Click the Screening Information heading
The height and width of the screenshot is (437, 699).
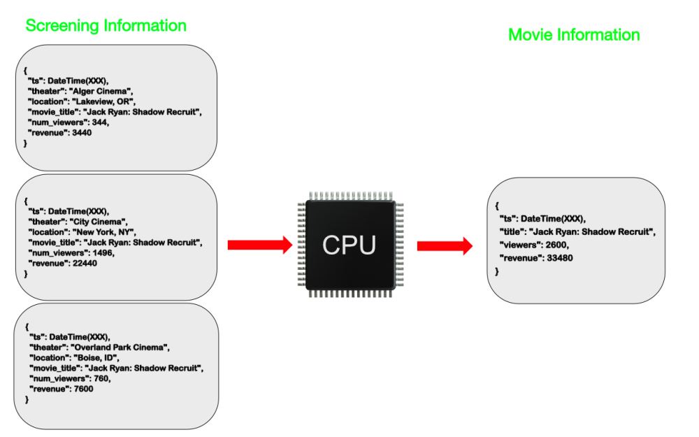(106, 26)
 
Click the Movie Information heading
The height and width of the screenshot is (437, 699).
(573, 34)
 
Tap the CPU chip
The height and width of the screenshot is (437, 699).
(349, 245)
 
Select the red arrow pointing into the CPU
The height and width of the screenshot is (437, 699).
(259, 245)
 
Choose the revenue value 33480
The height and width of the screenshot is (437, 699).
(565, 258)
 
